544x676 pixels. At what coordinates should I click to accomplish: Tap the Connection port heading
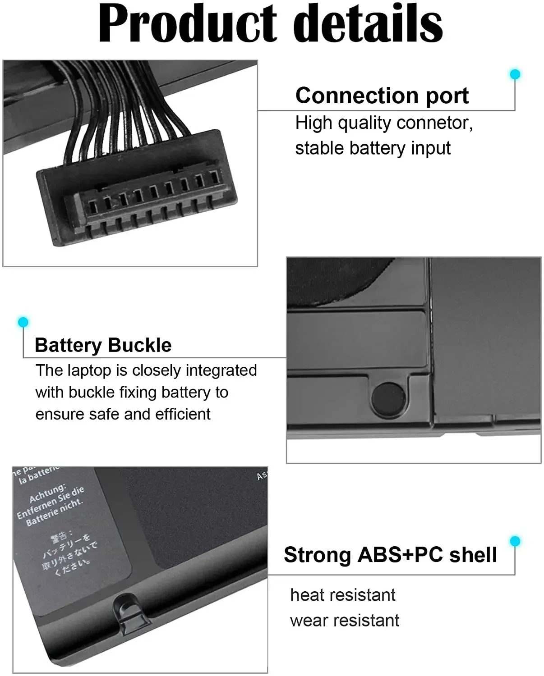382,96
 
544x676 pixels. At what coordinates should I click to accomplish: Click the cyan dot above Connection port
515,74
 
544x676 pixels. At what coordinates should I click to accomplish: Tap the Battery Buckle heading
103,345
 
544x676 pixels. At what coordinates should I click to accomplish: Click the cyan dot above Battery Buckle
23,322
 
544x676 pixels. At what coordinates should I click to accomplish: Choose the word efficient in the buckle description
183,414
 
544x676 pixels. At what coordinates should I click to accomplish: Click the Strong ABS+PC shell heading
390,555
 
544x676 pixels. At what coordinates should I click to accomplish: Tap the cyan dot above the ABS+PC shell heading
515,541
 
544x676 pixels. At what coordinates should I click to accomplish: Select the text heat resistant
343,595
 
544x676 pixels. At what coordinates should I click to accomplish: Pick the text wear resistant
345,621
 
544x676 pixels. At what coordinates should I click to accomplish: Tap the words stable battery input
373,148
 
